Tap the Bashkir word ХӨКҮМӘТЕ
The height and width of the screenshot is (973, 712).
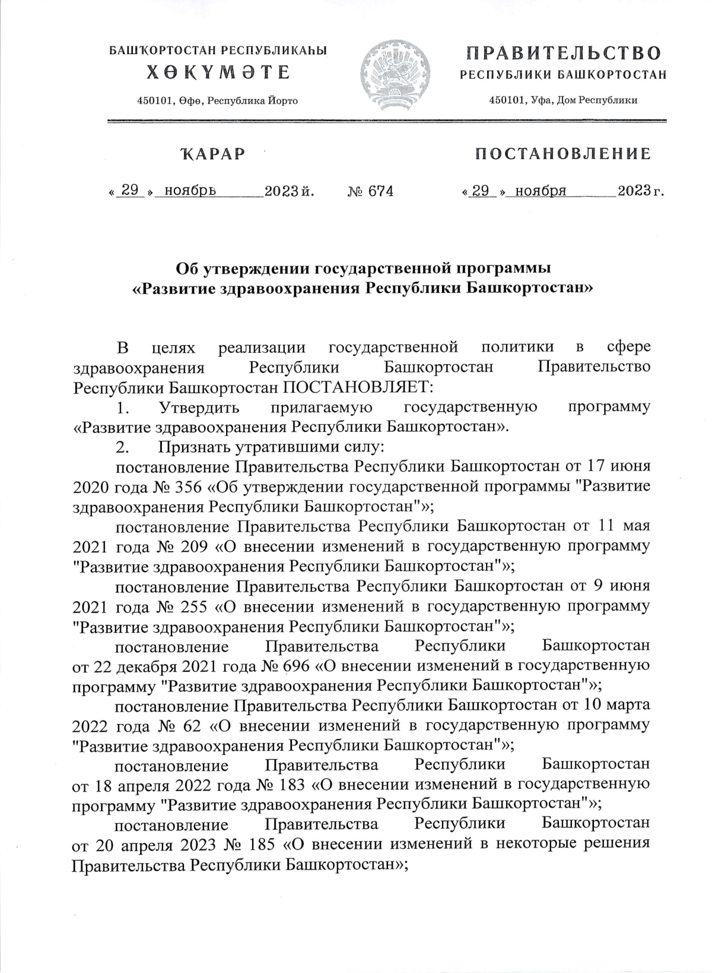pyautogui.click(x=218, y=73)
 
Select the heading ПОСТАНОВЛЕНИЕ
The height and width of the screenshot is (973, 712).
pyautogui.click(x=562, y=154)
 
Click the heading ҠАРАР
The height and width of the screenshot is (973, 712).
pyautogui.click(x=212, y=154)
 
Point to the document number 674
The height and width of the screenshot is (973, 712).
pyautogui.click(x=381, y=191)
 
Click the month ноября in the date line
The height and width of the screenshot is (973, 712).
pyautogui.click(x=541, y=191)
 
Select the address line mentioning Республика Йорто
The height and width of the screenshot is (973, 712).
pyautogui.click(x=217, y=101)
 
